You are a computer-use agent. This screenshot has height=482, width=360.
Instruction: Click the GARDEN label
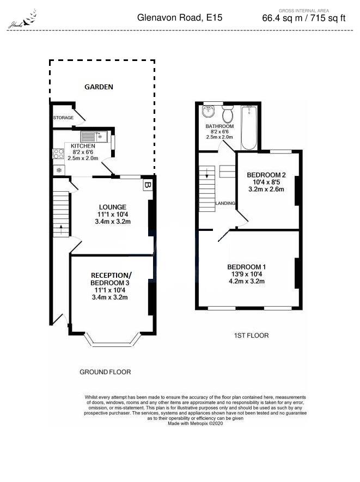(98, 87)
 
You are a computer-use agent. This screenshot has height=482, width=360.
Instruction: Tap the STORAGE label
(63, 118)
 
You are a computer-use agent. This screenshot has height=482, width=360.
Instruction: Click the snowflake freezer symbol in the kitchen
(59, 170)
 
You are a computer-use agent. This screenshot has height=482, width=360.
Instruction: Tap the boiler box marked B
(148, 185)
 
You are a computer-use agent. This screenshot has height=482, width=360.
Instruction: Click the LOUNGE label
(113, 207)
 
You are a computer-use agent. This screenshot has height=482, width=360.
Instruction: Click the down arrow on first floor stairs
(207, 175)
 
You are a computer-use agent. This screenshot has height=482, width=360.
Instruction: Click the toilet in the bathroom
(228, 115)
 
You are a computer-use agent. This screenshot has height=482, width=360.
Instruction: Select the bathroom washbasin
(209, 112)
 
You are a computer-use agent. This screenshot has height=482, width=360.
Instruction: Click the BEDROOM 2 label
(266, 175)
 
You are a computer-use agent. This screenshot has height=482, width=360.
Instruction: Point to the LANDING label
(225, 203)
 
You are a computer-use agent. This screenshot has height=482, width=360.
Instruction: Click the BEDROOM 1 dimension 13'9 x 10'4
(247, 274)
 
